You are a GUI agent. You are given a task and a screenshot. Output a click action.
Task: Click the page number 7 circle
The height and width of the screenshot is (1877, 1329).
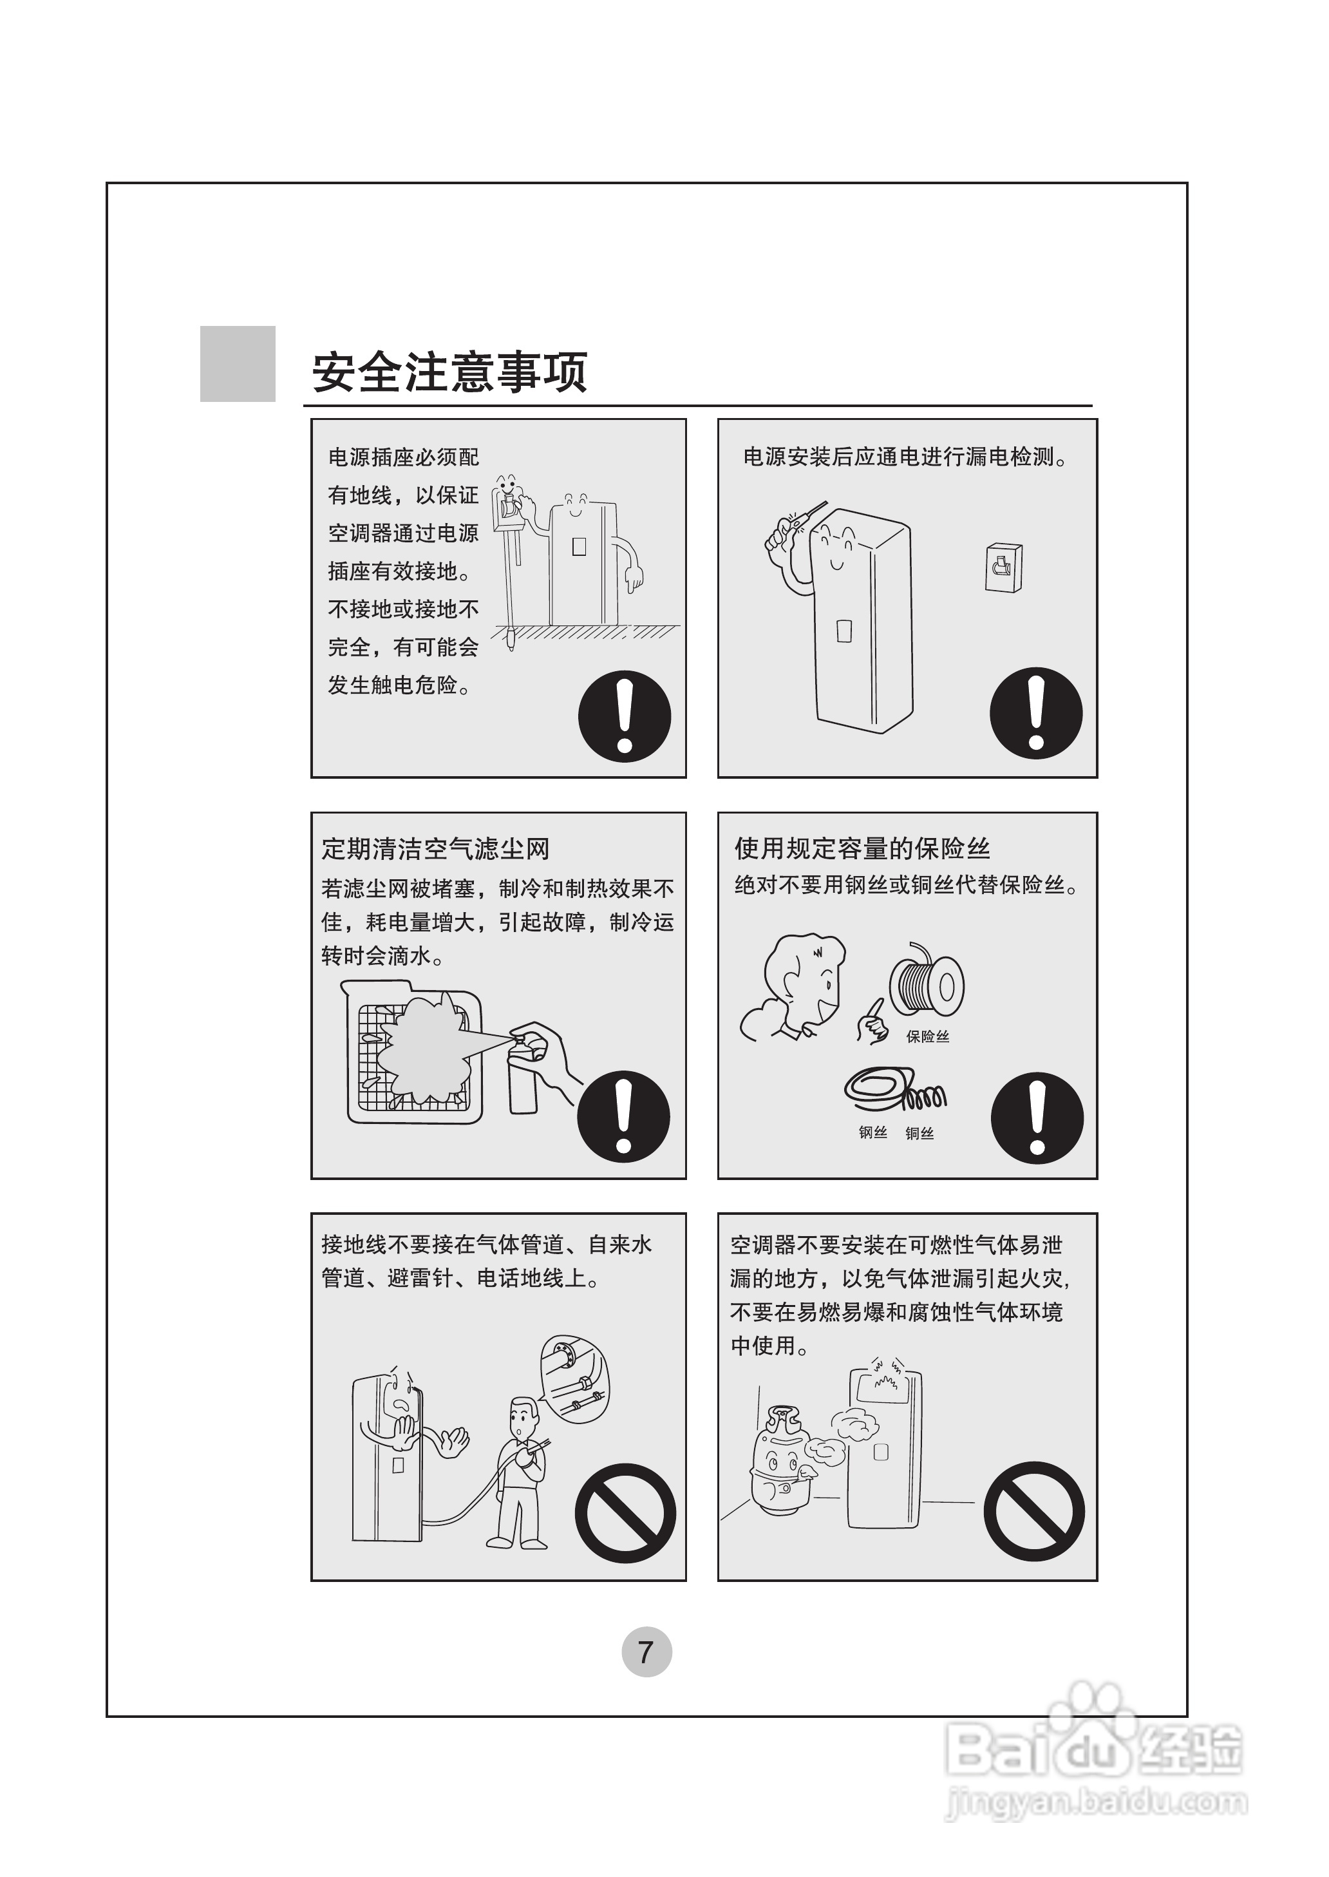click(646, 1652)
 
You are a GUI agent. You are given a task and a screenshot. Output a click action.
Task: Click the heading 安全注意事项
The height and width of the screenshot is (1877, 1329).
click(449, 372)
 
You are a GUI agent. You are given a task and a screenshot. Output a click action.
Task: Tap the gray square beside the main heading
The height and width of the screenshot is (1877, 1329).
click(238, 363)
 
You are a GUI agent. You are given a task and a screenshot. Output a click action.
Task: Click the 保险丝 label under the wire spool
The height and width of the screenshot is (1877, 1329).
click(927, 1037)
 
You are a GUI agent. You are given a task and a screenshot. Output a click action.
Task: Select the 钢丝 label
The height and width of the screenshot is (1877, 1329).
click(873, 1134)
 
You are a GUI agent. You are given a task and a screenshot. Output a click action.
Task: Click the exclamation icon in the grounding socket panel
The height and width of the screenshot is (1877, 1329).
click(625, 716)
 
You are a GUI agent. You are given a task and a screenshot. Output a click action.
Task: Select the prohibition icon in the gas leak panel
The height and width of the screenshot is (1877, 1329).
click(1033, 1511)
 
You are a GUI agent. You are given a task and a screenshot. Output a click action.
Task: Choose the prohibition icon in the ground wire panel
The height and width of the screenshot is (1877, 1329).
click(625, 1512)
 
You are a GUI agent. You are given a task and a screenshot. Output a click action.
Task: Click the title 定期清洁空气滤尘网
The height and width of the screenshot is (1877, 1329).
click(435, 849)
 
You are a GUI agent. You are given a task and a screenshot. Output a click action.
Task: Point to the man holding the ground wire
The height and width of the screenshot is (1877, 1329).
click(519, 1470)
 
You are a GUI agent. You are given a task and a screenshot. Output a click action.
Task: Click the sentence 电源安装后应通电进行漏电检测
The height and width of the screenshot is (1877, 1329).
click(905, 457)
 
